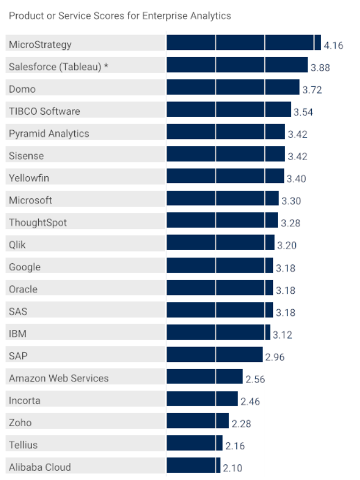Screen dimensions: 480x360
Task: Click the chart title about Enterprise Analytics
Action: [x=120, y=16]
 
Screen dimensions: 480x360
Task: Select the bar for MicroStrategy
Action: [x=244, y=43]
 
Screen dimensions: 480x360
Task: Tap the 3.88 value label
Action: [x=320, y=68]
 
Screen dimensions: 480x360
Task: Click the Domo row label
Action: [x=22, y=89]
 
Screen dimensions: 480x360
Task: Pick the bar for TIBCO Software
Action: [x=229, y=110]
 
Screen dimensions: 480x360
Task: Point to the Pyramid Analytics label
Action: [x=49, y=134]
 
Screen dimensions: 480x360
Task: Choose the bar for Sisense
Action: [x=225, y=154]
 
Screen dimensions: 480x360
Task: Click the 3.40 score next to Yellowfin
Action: [x=296, y=178]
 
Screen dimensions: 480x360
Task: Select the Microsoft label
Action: [x=30, y=200]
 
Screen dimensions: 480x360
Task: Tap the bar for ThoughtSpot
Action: [x=222, y=221]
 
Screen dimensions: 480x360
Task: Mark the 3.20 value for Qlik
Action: [x=287, y=245]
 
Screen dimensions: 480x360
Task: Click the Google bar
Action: [x=220, y=265]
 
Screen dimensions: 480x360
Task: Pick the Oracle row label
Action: [x=23, y=289]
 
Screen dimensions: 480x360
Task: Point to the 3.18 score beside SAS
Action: [x=285, y=312]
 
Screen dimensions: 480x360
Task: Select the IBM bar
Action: [x=218, y=332]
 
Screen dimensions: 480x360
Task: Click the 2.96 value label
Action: [x=275, y=357]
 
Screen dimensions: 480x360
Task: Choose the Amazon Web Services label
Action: [x=59, y=378]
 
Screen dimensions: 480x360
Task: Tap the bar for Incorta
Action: [x=202, y=399]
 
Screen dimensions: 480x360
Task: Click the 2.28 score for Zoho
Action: [x=241, y=423]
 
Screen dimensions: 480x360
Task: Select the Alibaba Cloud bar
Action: [x=193, y=465]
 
